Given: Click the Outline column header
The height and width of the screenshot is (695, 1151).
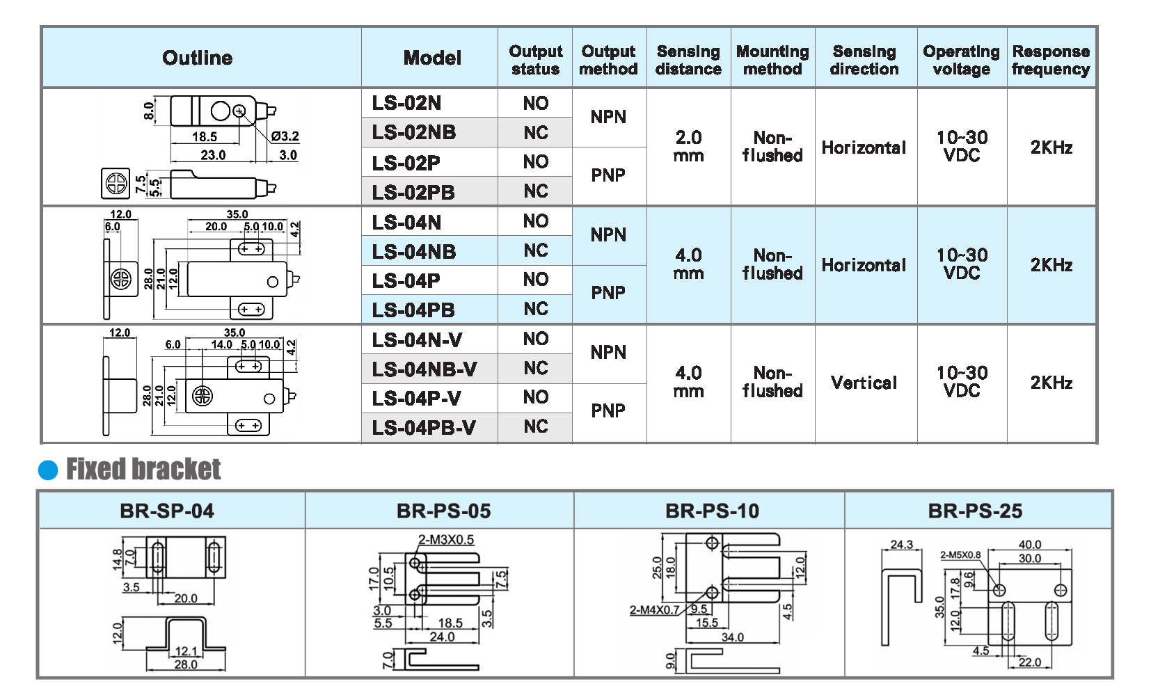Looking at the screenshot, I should (198, 58).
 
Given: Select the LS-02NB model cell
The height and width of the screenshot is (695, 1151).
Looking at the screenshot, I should (414, 132).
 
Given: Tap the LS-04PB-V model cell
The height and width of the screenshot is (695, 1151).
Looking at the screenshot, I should (424, 427).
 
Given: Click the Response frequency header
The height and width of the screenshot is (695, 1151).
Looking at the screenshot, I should (1051, 60).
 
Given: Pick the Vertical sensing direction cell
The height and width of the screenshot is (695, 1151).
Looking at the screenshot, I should (864, 383).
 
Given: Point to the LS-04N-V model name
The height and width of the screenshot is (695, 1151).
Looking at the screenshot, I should (417, 340).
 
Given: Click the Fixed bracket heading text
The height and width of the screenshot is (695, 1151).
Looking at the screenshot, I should (143, 470).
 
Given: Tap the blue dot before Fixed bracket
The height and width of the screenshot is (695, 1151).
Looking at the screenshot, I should (48, 470).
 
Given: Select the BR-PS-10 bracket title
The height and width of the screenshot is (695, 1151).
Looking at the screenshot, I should (712, 511).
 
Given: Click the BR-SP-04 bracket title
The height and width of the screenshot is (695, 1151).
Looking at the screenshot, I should (167, 511).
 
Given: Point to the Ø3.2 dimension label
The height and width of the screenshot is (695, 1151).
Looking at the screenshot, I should (285, 136).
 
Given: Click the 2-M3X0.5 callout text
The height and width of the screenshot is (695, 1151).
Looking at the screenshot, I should (446, 540).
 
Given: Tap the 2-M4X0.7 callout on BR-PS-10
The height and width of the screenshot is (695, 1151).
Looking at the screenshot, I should (655, 610).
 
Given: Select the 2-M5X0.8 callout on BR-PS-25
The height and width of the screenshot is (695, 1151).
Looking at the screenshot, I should (960, 555).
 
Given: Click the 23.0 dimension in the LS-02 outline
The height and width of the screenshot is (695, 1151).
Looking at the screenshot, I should (213, 155).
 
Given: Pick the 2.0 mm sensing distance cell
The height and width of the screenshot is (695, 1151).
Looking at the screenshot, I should (688, 147).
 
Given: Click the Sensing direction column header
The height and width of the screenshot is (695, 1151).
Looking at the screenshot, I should (864, 60).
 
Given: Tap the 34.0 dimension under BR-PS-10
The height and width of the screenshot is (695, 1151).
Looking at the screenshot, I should (732, 637).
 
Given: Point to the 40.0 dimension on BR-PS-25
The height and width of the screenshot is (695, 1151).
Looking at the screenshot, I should (1030, 545).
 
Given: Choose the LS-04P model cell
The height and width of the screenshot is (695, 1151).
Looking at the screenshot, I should (406, 281).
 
